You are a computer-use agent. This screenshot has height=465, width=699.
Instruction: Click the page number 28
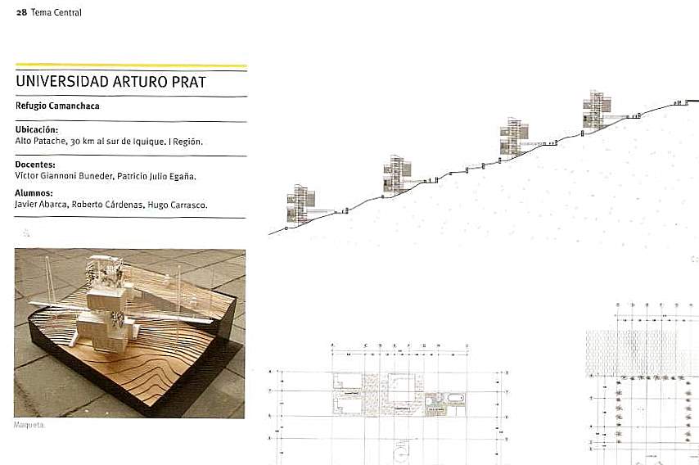20,12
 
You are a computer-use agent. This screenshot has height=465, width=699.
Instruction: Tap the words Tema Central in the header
56,12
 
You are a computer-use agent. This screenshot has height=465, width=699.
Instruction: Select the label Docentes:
35,165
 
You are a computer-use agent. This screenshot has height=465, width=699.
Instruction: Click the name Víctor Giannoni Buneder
66,175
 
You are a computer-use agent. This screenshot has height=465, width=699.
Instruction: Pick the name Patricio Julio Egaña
160,175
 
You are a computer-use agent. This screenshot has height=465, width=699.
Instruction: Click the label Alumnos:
34,193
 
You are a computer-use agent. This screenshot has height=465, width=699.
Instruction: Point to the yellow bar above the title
131,65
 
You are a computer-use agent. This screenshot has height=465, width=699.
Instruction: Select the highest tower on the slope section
597,111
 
